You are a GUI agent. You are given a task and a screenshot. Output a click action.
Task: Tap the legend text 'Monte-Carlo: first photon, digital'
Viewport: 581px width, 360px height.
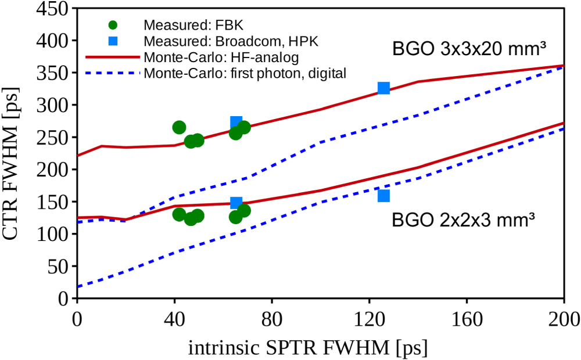[x=245, y=73]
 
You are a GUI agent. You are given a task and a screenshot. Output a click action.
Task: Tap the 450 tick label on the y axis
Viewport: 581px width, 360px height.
[x=55, y=9]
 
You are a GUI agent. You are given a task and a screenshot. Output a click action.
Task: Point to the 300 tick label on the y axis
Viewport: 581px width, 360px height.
[x=55, y=105]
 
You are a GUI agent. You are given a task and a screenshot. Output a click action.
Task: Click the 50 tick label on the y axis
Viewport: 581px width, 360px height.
[x=59, y=267]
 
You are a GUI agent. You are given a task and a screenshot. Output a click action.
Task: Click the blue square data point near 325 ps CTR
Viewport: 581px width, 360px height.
[x=383, y=88]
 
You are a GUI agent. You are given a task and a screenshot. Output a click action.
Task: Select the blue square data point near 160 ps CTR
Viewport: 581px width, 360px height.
[x=383, y=196]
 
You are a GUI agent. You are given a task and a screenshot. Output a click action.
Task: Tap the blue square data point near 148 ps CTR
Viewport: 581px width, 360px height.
[x=236, y=203]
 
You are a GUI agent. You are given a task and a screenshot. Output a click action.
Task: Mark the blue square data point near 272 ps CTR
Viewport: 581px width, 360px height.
[x=236, y=122]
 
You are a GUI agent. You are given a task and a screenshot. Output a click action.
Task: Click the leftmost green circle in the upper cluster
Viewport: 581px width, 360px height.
[x=180, y=127]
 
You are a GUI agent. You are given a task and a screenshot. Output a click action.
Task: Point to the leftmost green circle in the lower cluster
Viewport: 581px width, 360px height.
[x=180, y=214]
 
